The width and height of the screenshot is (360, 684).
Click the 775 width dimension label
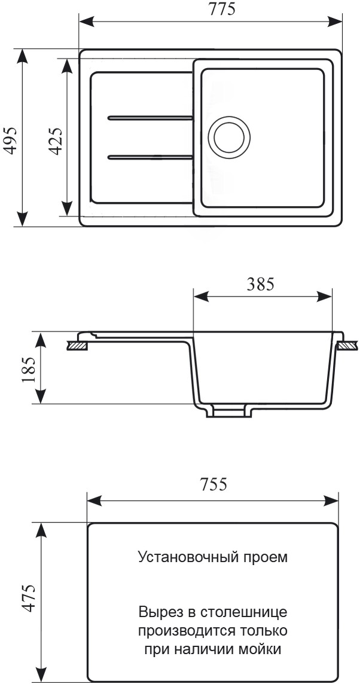click(x=222, y=9)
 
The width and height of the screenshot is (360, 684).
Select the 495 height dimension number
click(x=11, y=141)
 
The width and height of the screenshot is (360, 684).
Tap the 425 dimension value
click(x=56, y=141)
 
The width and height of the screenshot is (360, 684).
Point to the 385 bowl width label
click(x=261, y=285)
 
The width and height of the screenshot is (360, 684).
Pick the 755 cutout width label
click(x=213, y=484)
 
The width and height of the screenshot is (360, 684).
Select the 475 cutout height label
click(x=29, y=598)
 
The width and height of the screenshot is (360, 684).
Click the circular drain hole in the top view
click(x=229, y=138)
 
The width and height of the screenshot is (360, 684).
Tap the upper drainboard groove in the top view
click(x=150, y=118)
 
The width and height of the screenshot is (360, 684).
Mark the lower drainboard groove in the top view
click(x=150, y=157)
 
